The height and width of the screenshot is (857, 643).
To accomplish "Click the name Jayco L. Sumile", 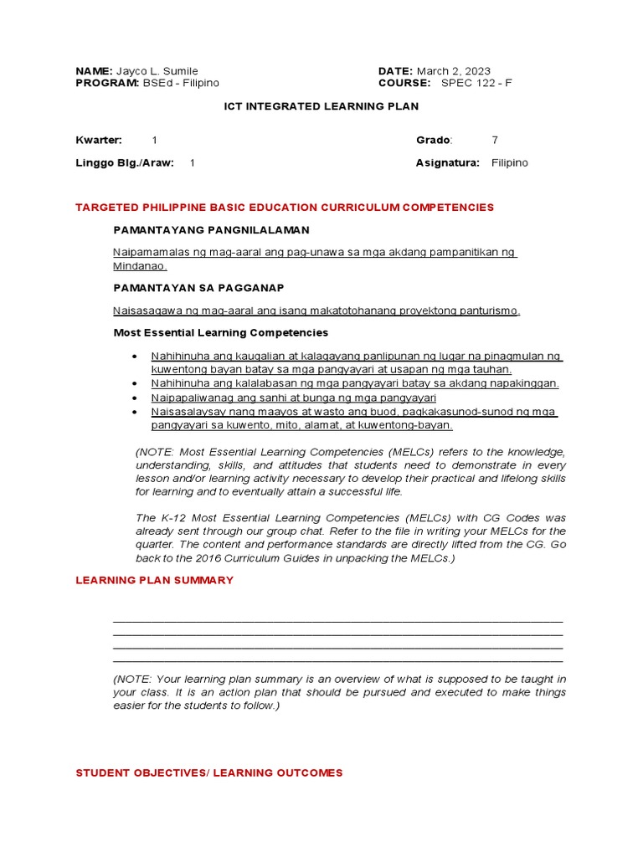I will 157,71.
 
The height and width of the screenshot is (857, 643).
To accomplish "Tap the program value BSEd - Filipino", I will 180,83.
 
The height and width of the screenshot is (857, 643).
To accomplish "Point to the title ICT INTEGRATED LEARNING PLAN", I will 321,106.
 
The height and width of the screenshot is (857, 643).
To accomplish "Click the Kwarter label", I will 99,140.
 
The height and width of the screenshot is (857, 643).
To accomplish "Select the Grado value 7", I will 495,140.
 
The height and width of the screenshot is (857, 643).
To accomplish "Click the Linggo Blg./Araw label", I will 125,163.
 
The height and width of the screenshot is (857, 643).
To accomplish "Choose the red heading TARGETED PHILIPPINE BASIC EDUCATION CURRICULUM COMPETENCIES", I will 285,207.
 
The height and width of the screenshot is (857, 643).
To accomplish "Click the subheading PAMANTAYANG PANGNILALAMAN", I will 211,229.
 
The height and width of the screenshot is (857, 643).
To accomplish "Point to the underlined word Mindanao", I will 140,266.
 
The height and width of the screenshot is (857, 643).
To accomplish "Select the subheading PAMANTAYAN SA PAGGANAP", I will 198,288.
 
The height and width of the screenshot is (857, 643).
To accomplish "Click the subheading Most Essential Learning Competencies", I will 220,332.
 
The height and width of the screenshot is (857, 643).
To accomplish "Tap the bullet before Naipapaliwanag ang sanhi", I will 135,398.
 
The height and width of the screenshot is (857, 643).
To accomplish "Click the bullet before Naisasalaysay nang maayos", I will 135,412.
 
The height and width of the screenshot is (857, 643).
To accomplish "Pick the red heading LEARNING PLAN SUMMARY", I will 155,580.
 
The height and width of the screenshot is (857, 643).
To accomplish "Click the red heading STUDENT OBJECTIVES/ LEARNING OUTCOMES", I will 209,772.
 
